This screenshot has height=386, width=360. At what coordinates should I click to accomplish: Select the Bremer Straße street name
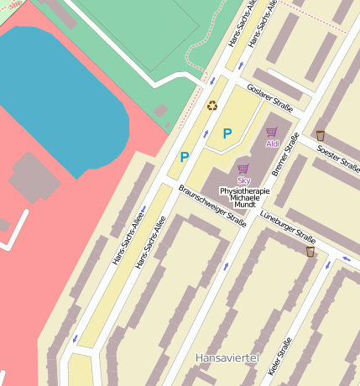[285, 155]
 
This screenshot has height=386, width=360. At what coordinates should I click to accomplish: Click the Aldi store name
[272, 143]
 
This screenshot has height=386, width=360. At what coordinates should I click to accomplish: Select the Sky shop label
[243, 180]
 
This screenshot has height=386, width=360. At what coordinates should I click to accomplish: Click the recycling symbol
[212, 105]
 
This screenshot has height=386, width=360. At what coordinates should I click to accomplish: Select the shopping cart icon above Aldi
[271, 132]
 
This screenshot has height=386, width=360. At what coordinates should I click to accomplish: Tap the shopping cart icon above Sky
[243, 169]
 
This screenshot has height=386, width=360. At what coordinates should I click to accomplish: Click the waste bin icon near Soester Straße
[320, 135]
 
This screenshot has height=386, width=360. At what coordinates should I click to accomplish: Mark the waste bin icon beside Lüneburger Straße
[310, 251]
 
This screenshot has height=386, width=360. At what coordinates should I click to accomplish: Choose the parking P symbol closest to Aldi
[227, 133]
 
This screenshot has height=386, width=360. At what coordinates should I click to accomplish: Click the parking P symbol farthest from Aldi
[185, 156]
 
